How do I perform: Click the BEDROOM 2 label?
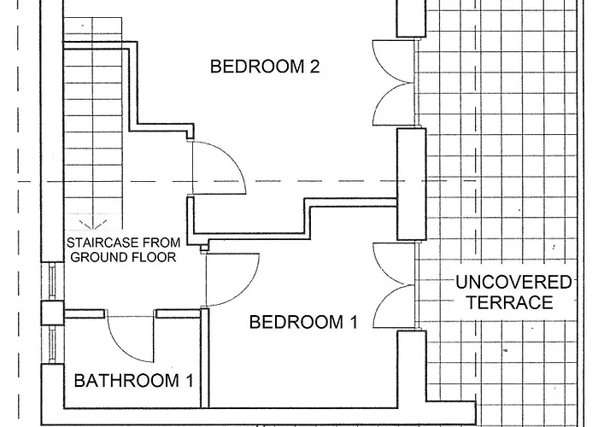[265, 67]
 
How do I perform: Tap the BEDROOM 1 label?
[303, 322]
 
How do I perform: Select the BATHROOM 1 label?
[133, 381]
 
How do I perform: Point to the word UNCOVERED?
[513, 283]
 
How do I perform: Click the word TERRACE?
[510, 302]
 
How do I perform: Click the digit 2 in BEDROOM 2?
[314, 67]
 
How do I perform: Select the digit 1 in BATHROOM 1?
[190, 381]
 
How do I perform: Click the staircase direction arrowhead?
[92, 225]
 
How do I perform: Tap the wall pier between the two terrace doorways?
[411, 184]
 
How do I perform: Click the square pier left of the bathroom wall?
[52, 313]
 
